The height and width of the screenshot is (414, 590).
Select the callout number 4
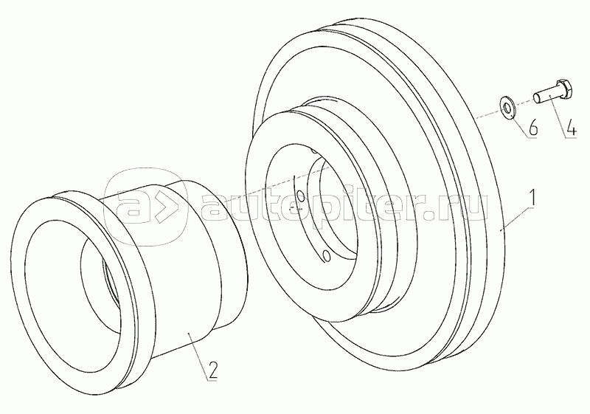(571, 128)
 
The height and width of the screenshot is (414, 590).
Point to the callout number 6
(532, 128)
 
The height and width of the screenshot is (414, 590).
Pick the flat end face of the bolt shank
(537, 99)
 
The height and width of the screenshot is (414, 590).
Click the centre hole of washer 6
(507, 108)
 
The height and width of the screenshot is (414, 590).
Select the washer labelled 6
(507, 108)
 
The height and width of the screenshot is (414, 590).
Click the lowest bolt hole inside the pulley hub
(327, 255)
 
